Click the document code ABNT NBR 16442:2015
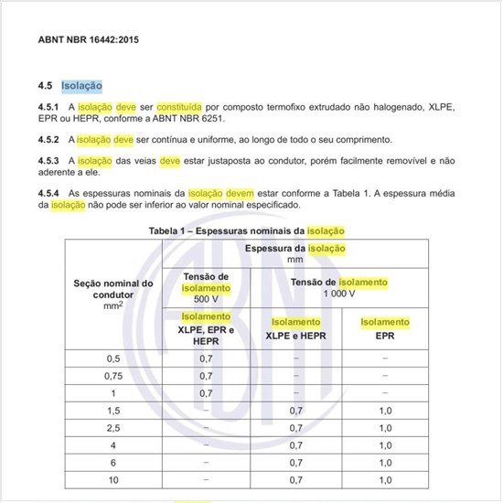pyautogui.click(x=90, y=42)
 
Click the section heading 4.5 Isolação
pyautogui.click(x=70, y=85)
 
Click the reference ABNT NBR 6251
pyautogui.click(x=189, y=119)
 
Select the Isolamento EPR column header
pyautogui.click(x=385, y=328)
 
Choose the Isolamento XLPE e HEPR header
pyautogui.click(x=294, y=328)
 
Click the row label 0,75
pyautogui.click(x=113, y=376)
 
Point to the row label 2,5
pyautogui.click(x=113, y=428)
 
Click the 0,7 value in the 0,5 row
pyautogui.click(x=206, y=359)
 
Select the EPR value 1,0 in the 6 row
pyautogui.click(x=385, y=463)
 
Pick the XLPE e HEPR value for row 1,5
pyautogui.click(x=294, y=411)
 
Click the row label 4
pyautogui.click(x=113, y=445)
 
